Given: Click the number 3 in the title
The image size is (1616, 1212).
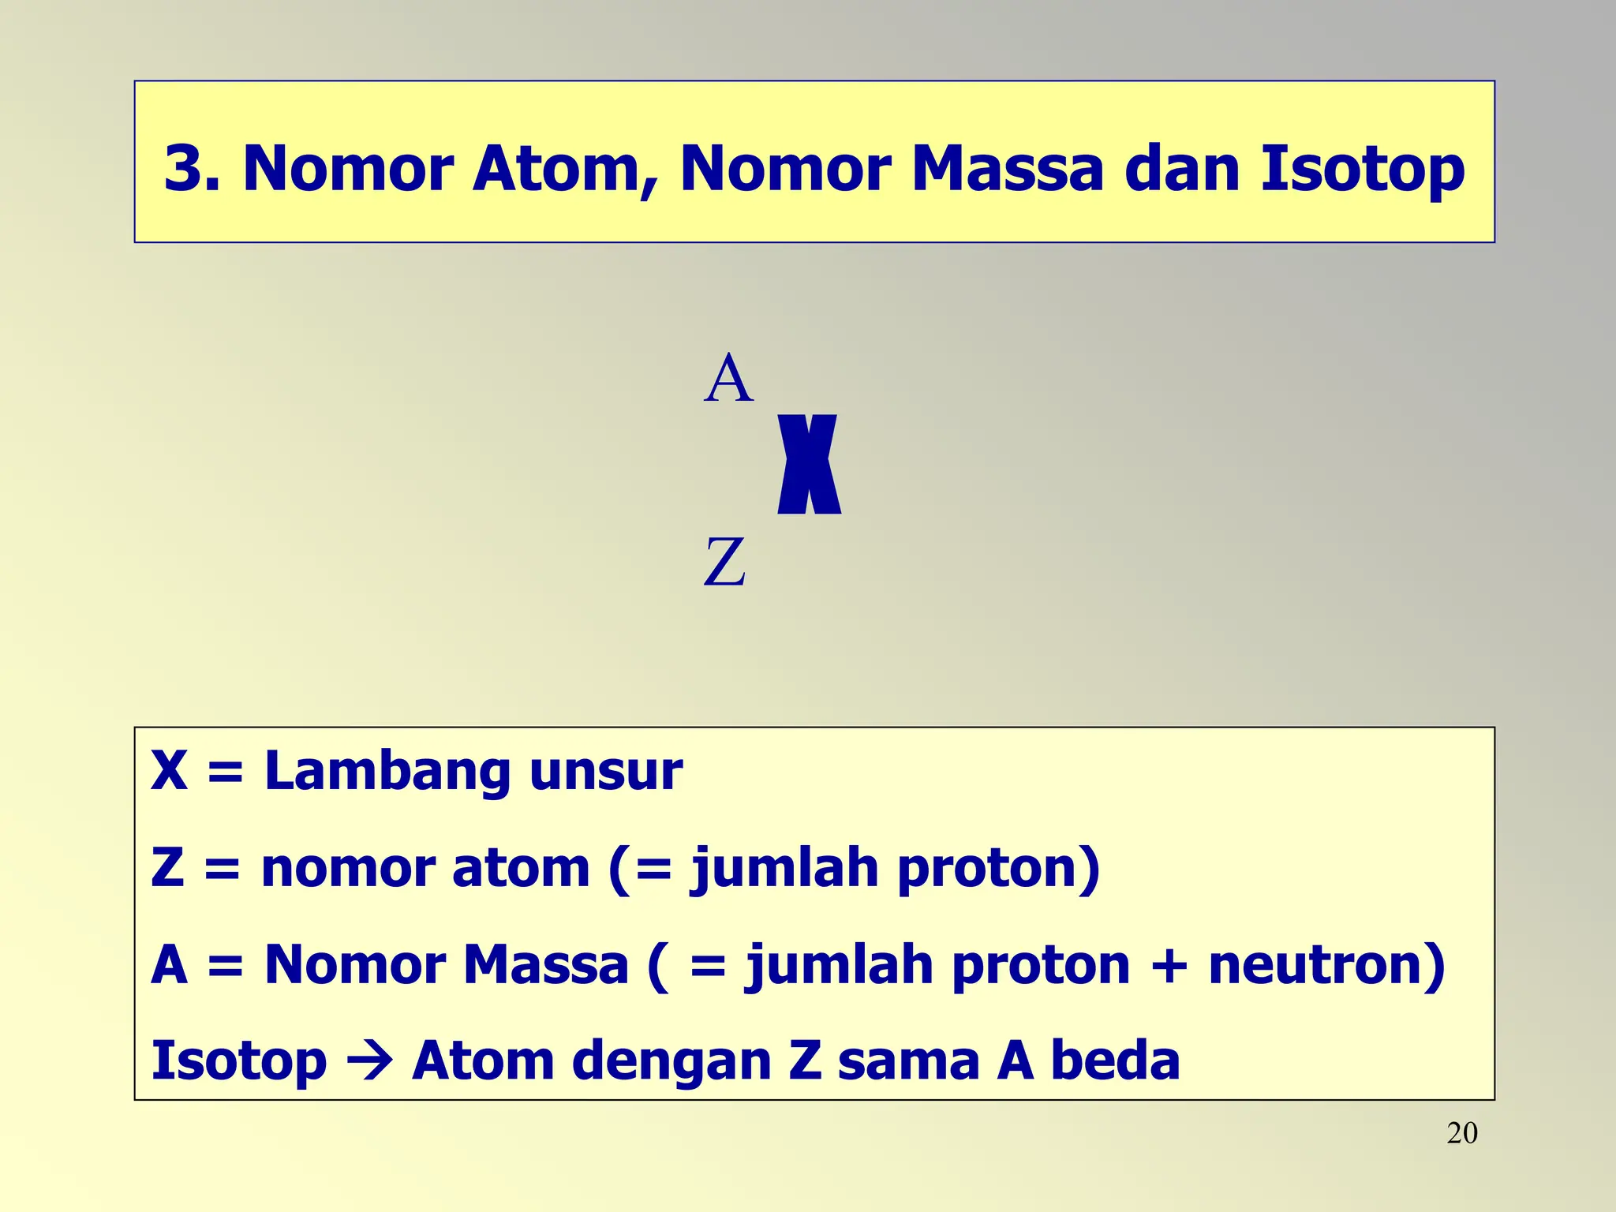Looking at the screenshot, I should tap(184, 168).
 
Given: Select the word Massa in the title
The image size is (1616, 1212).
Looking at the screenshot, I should tap(1007, 168).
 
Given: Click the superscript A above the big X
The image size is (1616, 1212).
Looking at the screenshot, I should tap(728, 379).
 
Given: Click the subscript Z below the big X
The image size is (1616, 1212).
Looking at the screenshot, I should tap(724, 562).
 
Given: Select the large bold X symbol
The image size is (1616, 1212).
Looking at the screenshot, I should tap(809, 465).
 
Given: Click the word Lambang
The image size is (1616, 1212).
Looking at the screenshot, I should tap(387, 772).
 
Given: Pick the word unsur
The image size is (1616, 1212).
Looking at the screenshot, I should tap(605, 772).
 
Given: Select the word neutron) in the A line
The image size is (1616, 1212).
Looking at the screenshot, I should tap(1326, 965).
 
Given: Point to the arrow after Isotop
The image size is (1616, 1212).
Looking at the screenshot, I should tap(369, 1062).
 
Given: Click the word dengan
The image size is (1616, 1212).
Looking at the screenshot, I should tap(671, 1062).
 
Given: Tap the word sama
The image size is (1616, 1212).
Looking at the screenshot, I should tap(908, 1062).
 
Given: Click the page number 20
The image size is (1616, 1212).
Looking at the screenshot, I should tap(1461, 1134).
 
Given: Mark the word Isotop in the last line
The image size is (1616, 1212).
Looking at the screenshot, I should tap(238, 1062).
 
